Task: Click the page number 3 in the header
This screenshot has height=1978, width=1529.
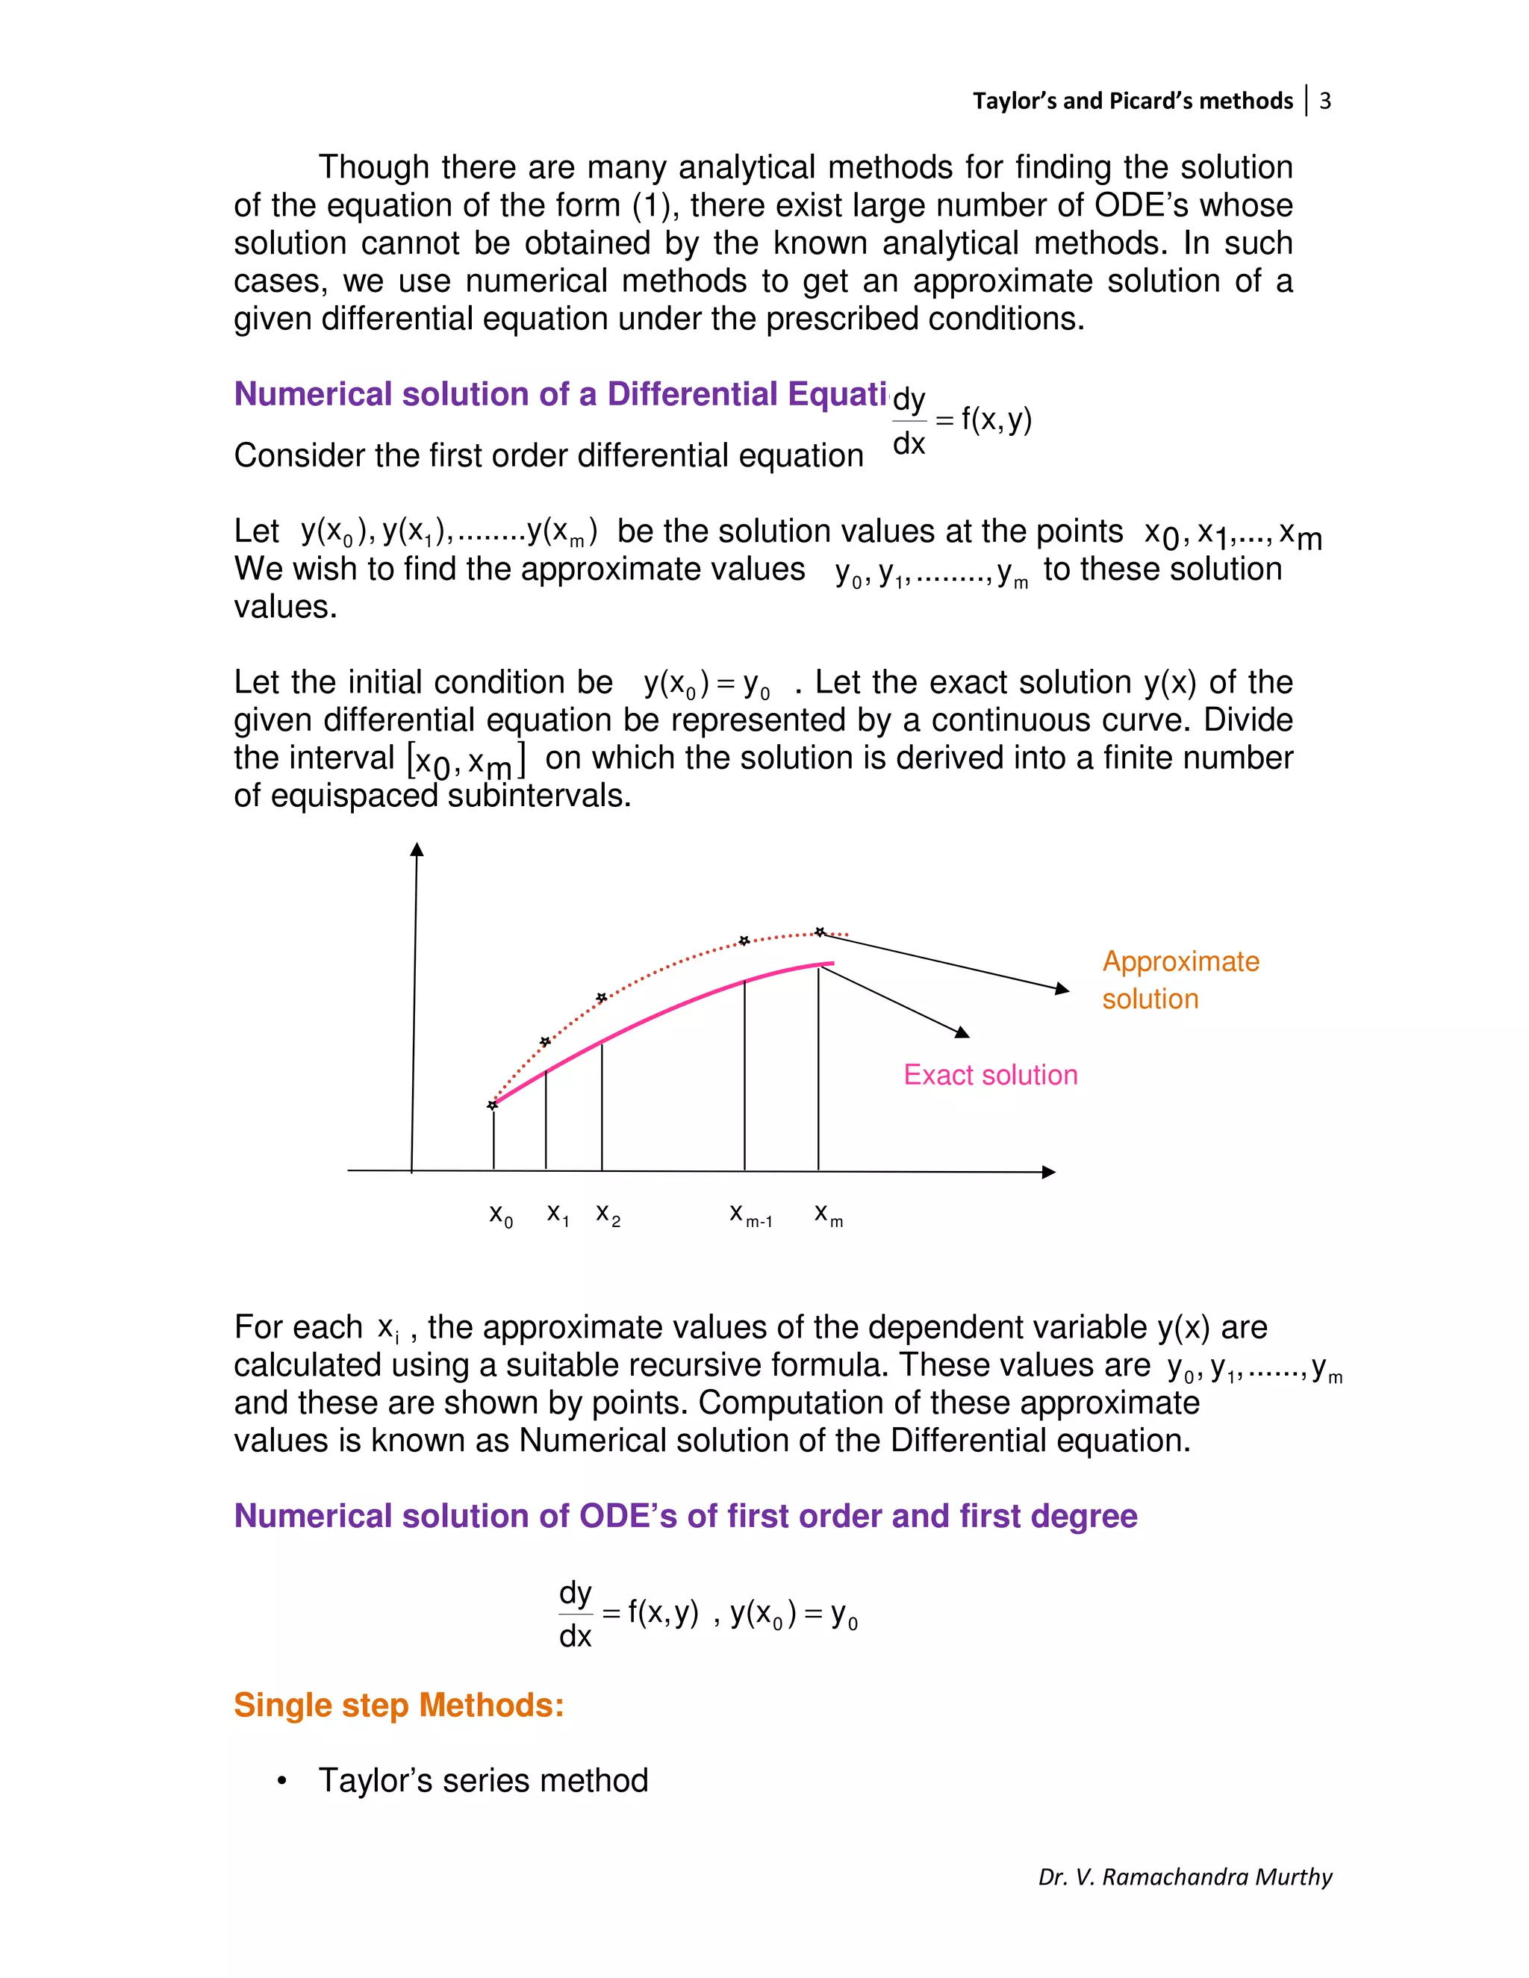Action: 1324,101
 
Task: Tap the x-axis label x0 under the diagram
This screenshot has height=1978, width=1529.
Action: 501,1214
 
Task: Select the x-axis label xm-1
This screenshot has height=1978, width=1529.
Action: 750,1214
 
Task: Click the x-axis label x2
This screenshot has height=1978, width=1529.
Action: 608,1214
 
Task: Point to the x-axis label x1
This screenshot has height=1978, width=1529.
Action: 558,1214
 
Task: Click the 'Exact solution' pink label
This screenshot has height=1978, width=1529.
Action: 990,1075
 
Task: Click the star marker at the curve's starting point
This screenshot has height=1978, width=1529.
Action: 493,1105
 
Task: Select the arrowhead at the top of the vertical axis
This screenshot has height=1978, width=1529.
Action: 417,849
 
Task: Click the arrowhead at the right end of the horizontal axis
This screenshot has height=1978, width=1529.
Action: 1049,1172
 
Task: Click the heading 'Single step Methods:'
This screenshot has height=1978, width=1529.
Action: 399,1706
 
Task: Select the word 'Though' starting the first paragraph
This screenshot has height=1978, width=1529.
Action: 373,167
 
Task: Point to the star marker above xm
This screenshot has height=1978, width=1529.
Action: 820,932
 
